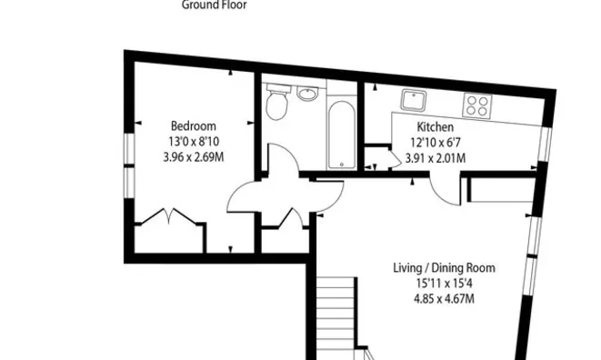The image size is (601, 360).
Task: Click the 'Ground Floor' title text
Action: (215, 5)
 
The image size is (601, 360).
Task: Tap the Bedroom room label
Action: (194, 126)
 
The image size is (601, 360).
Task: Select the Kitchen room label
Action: (436, 127)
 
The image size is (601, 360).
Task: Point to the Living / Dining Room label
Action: (443, 268)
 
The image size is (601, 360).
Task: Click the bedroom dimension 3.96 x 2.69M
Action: (194, 156)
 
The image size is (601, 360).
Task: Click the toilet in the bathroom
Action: (277, 105)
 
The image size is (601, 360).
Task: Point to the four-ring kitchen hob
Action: (476, 105)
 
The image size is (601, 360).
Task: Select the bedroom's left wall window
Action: (128, 163)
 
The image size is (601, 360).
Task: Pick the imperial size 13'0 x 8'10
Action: (194, 142)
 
